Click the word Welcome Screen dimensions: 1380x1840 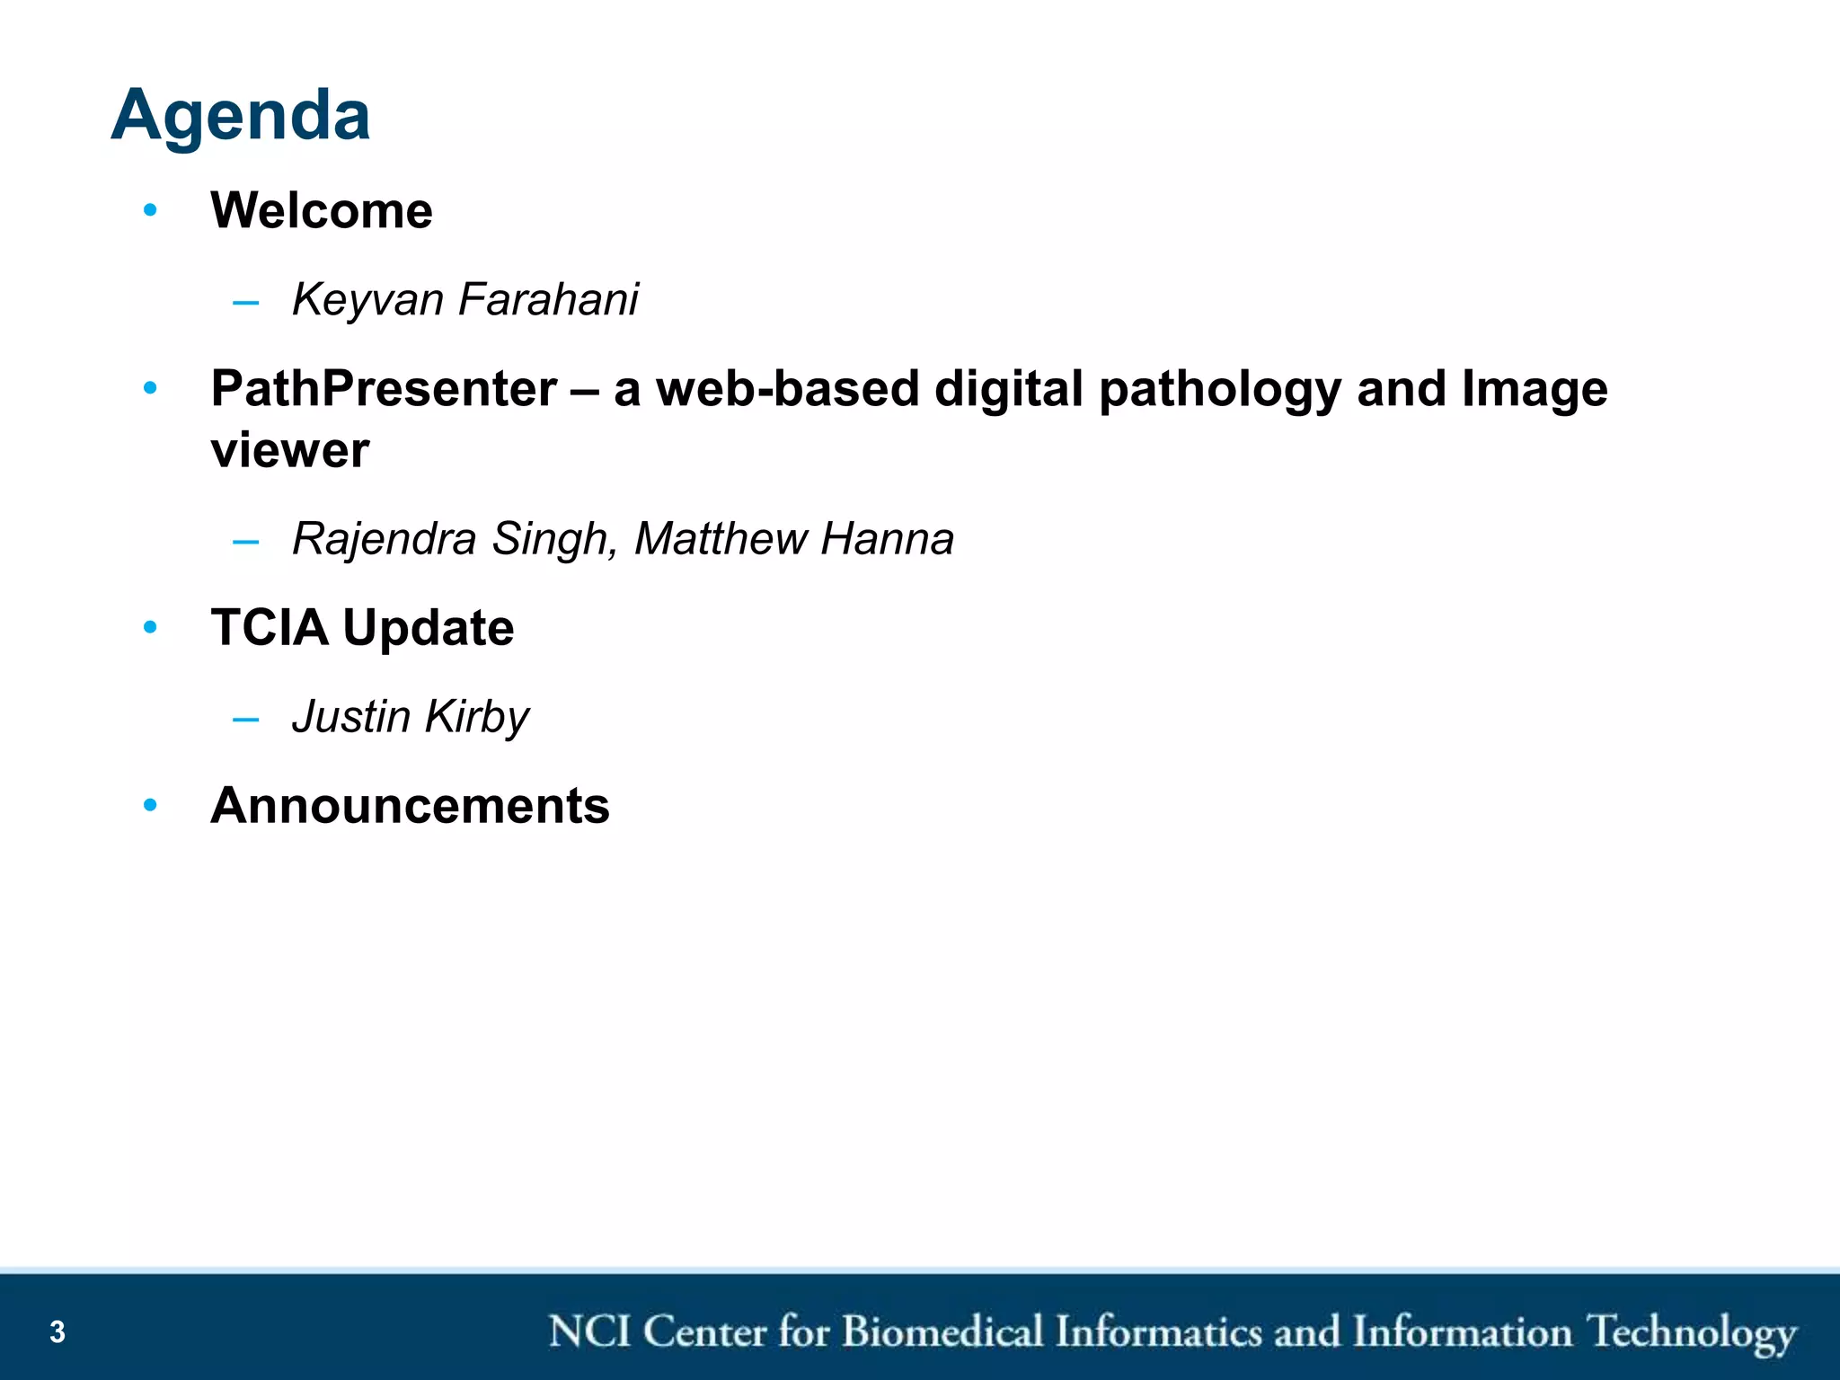click(321, 211)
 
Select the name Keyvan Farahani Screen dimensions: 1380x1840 click(464, 299)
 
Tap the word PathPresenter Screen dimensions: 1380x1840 click(384, 389)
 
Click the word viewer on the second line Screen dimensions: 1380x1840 click(289, 450)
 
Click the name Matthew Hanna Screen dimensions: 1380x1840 click(793, 539)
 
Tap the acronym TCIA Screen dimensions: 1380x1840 click(269, 627)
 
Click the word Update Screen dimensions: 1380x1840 click(429, 627)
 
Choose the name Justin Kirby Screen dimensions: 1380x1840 click(411, 717)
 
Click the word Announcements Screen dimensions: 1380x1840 click(410, 805)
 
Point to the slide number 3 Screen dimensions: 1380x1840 click(57, 1331)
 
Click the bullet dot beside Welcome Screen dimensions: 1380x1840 click(150, 210)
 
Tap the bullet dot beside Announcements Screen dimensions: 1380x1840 click(150, 805)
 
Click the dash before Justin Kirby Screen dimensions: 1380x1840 click(245, 719)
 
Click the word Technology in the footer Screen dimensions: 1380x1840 click(1691, 1333)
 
